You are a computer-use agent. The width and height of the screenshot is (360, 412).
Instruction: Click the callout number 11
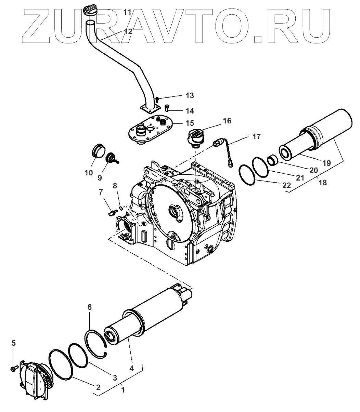click(127, 12)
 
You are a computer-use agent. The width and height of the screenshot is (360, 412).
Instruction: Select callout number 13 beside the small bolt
click(190, 95)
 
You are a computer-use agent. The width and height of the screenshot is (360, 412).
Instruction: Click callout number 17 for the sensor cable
click(257, 137)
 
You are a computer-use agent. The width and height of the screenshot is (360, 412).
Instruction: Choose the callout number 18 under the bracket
click(322, 183)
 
